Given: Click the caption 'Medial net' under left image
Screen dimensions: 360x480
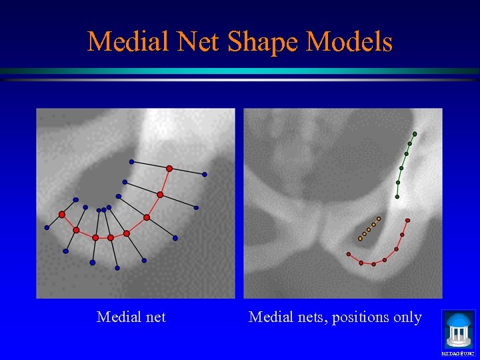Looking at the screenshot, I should click(x=131, y=317).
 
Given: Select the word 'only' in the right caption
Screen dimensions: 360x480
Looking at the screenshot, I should click(x=407, y=317).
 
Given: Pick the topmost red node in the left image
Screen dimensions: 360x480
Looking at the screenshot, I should click(x=169, y=169).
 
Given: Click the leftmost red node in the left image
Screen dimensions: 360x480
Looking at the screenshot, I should click(x=62, y=215).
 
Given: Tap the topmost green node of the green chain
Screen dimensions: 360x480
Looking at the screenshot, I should click(x=415, y=134).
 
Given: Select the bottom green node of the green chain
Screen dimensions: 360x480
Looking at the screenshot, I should click(x=397, y=197).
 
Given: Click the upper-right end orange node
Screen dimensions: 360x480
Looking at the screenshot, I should click(x=379, y=218).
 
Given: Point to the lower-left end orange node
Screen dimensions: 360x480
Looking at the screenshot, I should click(x=360, y=238).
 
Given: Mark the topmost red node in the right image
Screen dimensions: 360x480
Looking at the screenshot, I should click(x=407, y=220).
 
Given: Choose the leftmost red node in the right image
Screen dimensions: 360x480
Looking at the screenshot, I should click(x=348, y=254).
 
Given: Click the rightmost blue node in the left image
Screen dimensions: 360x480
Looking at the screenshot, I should click(x=205, y=175).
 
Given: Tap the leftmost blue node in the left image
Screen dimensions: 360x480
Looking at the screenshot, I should click(x=47, y=227).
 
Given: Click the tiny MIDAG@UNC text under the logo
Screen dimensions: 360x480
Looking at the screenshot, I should click(x=458, y=353).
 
